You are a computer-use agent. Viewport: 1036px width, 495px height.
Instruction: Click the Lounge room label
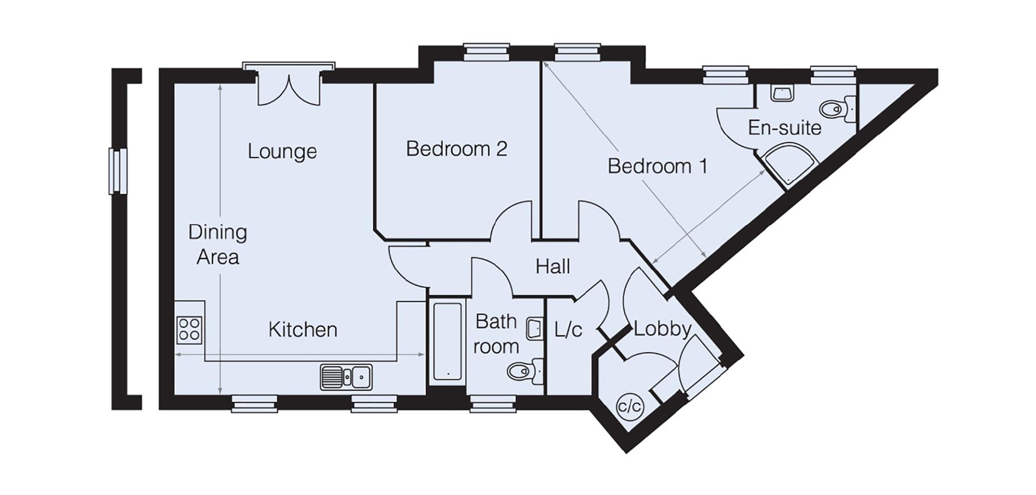(282, 152)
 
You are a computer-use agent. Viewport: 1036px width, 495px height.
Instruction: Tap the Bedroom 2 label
(456, 148)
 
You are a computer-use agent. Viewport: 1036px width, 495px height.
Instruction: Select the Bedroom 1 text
(657, 166)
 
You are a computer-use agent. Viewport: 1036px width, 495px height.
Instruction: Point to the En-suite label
(784, 128)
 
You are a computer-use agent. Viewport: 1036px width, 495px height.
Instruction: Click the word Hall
(553, 266)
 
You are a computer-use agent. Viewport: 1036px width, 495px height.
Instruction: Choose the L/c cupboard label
(568, 329)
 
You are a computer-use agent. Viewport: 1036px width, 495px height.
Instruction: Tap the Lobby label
(662, 329)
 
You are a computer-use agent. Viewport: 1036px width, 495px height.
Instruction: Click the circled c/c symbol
(630, 405)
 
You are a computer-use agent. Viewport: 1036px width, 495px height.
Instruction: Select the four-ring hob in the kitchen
(189, 329)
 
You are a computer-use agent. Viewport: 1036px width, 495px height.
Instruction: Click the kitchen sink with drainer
(346, 377)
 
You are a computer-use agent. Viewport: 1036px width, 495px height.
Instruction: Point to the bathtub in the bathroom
(448, 341)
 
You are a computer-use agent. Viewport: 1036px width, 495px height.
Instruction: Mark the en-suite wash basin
(781, 93)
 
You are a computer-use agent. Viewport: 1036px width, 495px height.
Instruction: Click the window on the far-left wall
(118, 171)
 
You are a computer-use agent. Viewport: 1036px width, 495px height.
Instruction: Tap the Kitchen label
(303, 329)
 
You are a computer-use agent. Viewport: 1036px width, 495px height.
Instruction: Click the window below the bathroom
(492, 403)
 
